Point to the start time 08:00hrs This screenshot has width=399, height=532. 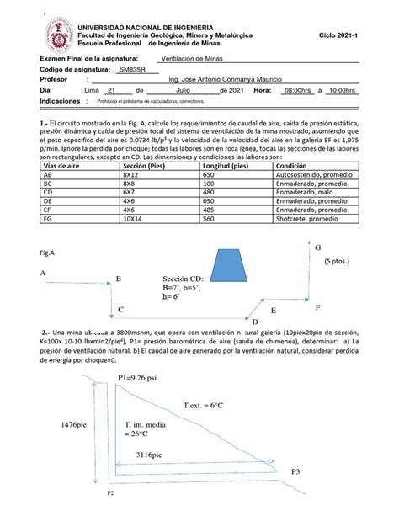click(x=299, y=89)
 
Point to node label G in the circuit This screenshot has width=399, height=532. click(x=318, y=248)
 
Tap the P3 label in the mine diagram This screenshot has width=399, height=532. click(x=295, y=473)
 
